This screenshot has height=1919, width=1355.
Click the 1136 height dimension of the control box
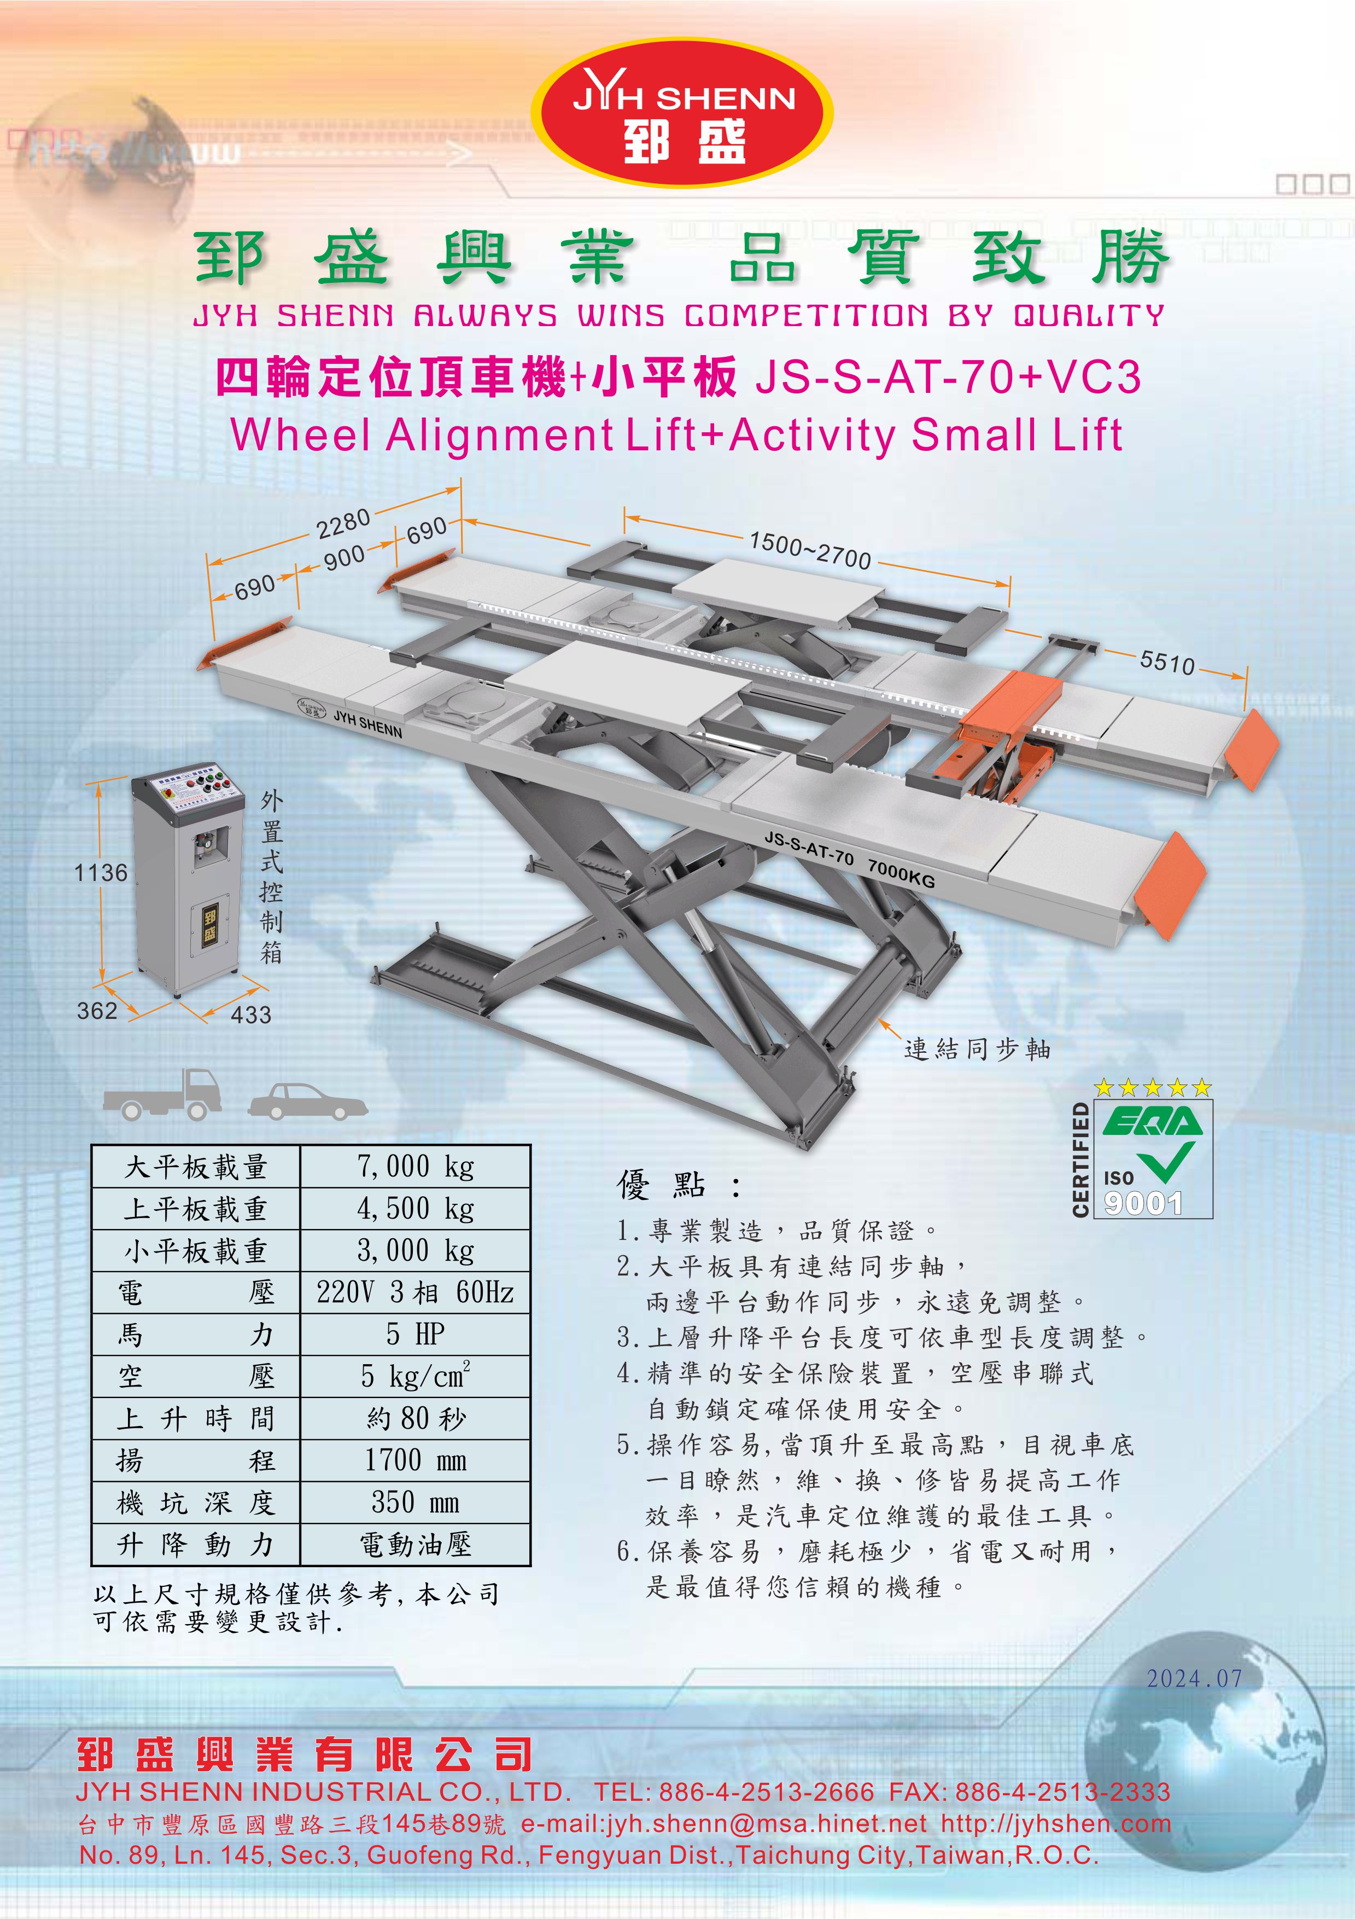click(x=101, y=873)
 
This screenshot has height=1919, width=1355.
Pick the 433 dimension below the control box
click(x=250, y=1014)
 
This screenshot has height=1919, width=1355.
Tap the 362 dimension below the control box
click(x=97, y=1011)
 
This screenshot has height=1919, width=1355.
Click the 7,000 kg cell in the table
click(x=415, y=1166)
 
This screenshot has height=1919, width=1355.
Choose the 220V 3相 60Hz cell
click(x=415, y=1292)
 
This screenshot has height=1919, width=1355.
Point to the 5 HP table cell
click(x=415, y=1334)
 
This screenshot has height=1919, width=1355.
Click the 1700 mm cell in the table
click(x=415, y=1460)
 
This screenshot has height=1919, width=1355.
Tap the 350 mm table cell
click(x=415, y=1502)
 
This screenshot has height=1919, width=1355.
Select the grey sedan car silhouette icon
click(x=308, y=1101)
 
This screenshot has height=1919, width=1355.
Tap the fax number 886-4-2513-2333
click(x=1062, y=1792)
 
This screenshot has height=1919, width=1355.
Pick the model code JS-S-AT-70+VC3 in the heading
click(x=947, y=377)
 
